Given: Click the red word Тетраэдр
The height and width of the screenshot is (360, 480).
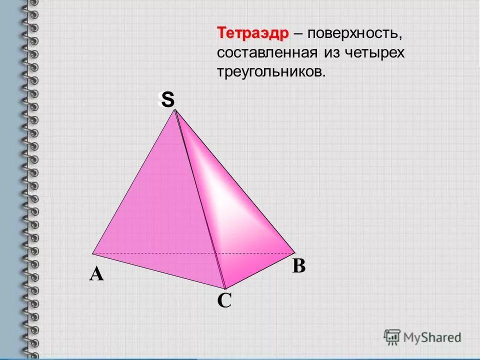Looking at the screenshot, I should pyautogui.click(x=253, y=33).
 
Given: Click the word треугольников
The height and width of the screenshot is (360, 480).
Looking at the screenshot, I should pyautogui.click(x=270, y=72).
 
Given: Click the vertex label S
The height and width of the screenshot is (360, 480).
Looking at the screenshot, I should pyautogui.click(x=167, y=101).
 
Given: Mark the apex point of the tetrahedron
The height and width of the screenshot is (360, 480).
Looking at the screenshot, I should pyautogui.click(x=175, y=111).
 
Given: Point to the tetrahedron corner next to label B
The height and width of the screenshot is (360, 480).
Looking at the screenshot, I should pyautogui.click(x=295, y=252).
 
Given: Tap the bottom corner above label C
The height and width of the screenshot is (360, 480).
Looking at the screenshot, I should pyautogui.click(x=225, y=289).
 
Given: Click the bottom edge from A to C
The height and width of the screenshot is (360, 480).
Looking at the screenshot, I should pyautogui.click(x=159, y=270).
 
